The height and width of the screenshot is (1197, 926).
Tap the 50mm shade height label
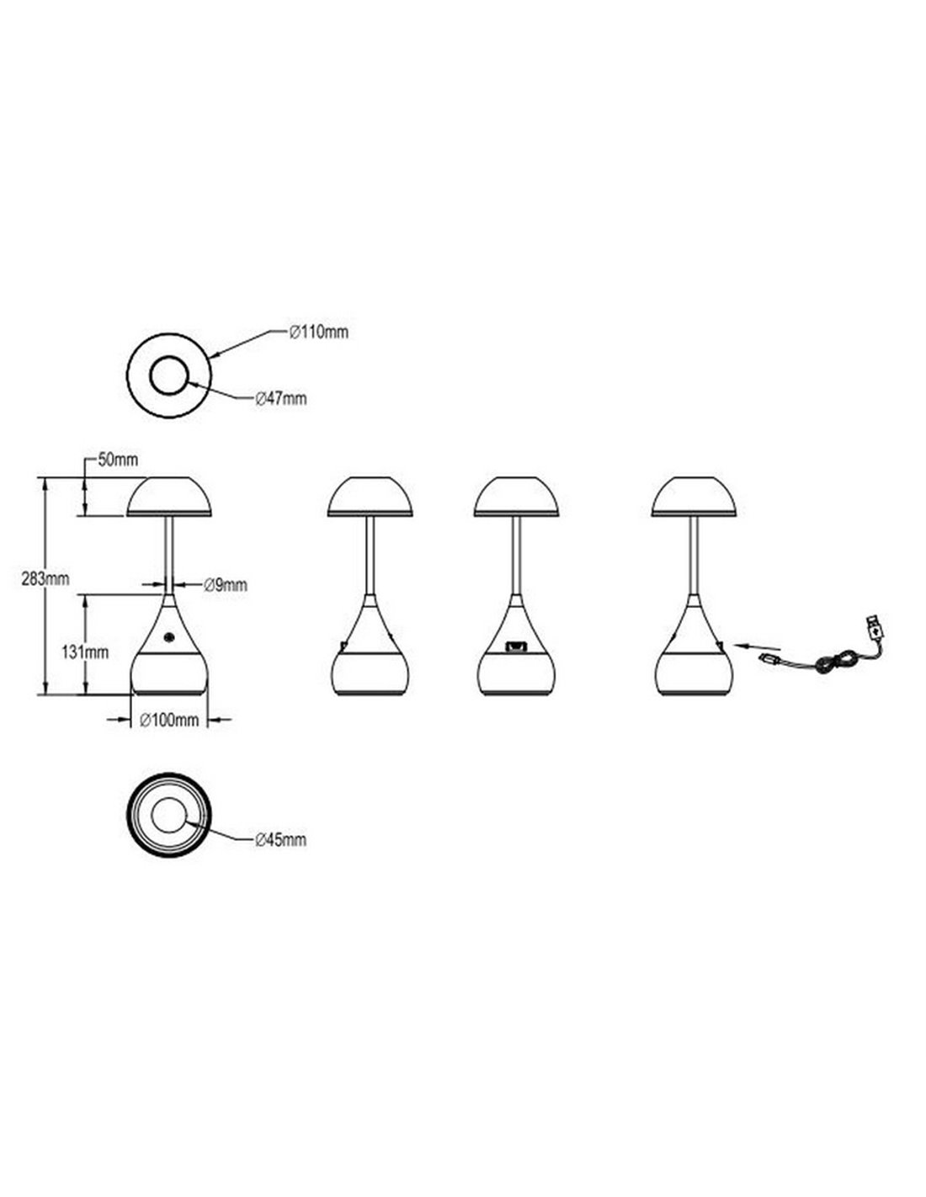[118, 460]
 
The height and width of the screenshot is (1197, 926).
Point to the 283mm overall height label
[45, 579]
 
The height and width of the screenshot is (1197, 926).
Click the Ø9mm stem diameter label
[226, 585]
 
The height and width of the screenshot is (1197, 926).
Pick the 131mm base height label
[84, 652]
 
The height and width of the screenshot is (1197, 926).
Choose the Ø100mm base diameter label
[169, 720]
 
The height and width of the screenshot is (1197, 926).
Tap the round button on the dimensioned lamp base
[168, 637]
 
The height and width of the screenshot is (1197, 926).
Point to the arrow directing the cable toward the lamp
[758, 646]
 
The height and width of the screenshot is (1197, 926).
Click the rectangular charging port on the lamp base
[515, 646]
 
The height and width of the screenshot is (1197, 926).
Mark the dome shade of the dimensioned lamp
[169, 497]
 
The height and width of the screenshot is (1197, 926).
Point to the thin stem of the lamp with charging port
[515, 556]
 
